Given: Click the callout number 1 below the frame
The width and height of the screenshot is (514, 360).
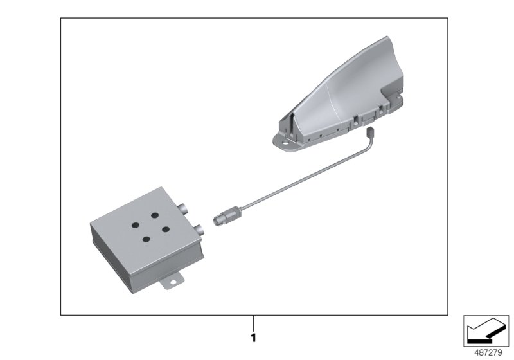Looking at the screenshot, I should (x=254, y=337).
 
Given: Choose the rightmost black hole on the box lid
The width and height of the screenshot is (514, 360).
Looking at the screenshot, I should (x=164, y=229).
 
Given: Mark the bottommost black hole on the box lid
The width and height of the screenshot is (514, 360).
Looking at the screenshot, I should (x=146, y=239).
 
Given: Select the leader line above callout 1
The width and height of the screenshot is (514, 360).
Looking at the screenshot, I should (x=254, y=323).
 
